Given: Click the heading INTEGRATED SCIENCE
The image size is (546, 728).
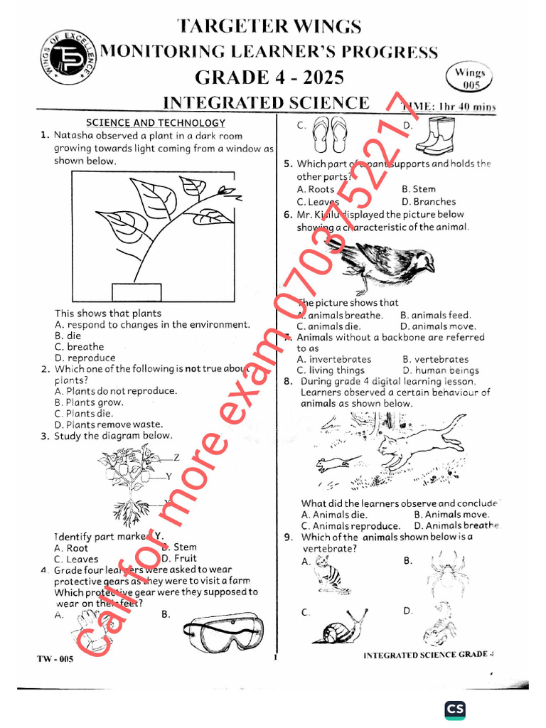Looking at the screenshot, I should pos(267,102).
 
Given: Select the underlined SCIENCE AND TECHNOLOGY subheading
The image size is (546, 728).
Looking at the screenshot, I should pos(156,123).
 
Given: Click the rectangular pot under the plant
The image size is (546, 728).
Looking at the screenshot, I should pos(136,292).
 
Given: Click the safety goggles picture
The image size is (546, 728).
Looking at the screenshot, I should pos(223,631).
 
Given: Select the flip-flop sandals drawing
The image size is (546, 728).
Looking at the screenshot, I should pos(329,134).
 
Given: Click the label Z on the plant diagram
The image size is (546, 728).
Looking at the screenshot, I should pos(176,457).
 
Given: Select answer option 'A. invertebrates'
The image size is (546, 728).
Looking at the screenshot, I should pos(333,360).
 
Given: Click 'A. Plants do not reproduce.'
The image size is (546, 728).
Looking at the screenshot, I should pos(115,391).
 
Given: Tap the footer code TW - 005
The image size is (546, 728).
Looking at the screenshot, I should pos(55,659).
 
